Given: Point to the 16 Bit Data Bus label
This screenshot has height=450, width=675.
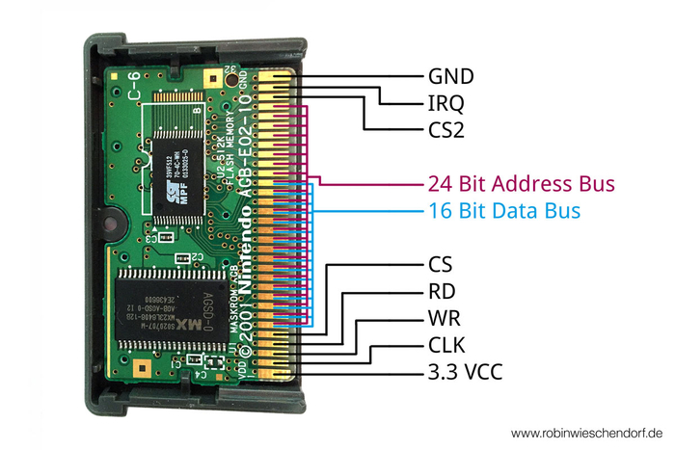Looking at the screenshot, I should (503, 210).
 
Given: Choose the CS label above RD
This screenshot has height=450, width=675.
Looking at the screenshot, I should (439, 263).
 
